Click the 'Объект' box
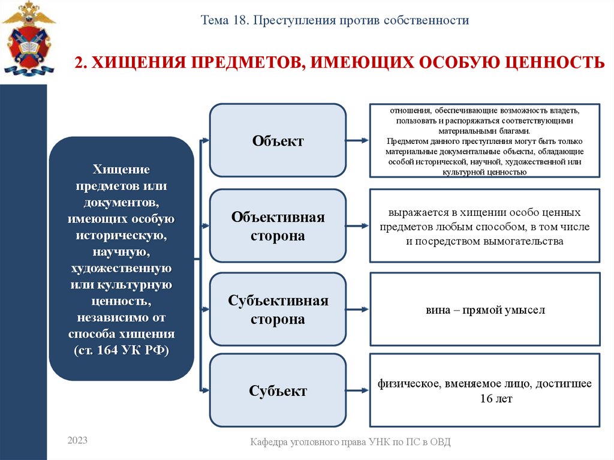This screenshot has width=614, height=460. (278, 140)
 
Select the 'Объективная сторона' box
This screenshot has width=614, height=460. (278, 226)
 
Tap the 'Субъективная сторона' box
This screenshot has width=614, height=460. (278, 309)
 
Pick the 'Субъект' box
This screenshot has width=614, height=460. (278, 391)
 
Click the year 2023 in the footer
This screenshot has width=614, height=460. (77, 441)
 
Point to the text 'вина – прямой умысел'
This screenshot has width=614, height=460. (484, 311)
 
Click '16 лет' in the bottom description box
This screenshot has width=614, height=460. (484, 398)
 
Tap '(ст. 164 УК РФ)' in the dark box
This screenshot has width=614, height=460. (122, 350)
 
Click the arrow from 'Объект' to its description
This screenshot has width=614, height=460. (357, 140)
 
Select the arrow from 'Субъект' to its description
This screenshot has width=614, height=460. (357, 391)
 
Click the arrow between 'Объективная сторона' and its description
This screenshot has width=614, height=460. (357, 226)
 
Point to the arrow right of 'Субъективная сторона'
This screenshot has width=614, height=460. (357, 309)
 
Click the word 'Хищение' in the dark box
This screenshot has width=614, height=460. (121, 169)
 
